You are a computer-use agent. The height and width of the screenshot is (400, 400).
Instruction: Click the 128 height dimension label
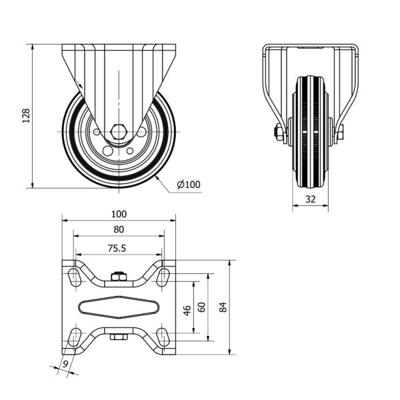pyautogui.click(x=26, y=116)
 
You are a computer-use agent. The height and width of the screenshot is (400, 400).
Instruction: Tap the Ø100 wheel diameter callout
pyautogui.click(x=189, y=185)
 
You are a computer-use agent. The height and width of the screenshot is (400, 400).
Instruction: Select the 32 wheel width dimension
pyautogui.click(x=311, y=199)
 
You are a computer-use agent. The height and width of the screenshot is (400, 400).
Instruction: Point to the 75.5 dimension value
pyautogui.click(x=117, y=248)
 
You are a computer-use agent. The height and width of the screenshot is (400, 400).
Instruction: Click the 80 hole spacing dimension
pyautogui.click(x=119, y=229)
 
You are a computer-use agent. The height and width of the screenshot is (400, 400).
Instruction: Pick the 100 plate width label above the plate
pyautogui.click(x=119, y=214)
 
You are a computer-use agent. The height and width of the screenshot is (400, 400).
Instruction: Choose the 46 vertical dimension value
pyautogui.click(x=187, y=310)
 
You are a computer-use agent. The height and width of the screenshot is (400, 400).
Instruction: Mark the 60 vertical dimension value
pyautogui.click(x=201, y=307)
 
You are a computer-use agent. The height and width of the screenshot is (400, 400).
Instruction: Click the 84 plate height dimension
pyautogui.click(x=223, y=307)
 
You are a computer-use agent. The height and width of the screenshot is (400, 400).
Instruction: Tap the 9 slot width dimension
pyautogui.click(x=65, y=364)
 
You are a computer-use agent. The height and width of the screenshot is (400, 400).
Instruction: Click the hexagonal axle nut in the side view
pyautogui.click(x=119, y=132)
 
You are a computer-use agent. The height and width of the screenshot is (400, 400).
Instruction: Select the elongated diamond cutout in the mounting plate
pyautogui.click(x=119, y=307)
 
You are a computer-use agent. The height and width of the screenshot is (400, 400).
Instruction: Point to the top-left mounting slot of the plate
pyautogui.click(x=74, y=277)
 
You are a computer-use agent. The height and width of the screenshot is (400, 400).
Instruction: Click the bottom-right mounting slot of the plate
pyautogui.click(x=163, y=337)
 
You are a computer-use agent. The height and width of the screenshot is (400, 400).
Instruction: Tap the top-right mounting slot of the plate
pyautogui.click(x=163, y=277)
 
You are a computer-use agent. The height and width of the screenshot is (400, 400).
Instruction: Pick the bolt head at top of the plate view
pyautogui.click(x=119, y=276)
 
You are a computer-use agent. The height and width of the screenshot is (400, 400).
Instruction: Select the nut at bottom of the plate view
pyautogui.click(x=119, y=337)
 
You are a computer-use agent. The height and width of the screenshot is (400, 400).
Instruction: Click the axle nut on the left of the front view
pyautogui.click(x=279, y=133)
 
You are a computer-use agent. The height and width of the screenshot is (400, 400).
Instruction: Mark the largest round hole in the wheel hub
pyautogui.click(x=107, y=151)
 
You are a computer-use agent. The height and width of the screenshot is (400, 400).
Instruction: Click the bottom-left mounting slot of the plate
pyautogui.click(x=74, y=337)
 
